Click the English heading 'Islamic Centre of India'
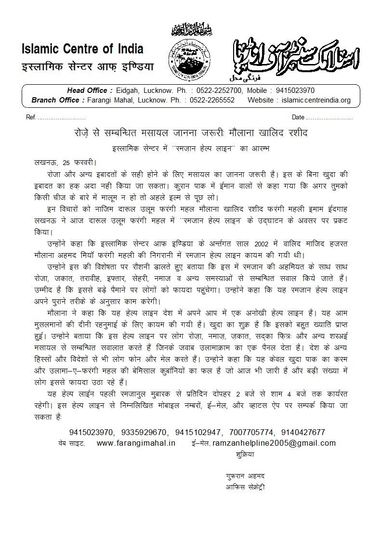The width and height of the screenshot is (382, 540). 82,49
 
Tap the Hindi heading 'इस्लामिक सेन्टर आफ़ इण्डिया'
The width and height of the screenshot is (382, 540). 87,66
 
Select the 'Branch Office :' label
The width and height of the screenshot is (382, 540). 56,100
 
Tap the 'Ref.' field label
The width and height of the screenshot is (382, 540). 31,117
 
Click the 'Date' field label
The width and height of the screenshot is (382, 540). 298,117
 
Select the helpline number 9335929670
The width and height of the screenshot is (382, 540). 144,432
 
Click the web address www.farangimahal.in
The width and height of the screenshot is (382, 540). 136,443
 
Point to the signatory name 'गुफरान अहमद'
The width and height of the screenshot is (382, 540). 245,476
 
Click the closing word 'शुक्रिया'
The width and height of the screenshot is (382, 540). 245,454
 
